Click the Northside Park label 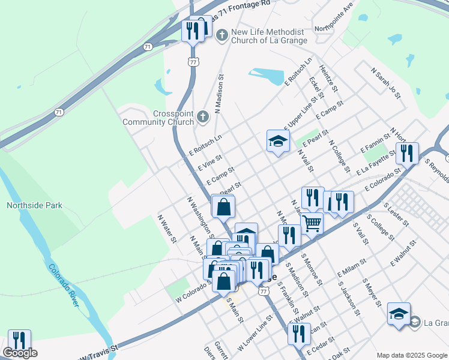point(34,205)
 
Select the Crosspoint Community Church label point(158,118)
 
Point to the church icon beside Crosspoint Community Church point(203,116)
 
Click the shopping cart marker point(312,223)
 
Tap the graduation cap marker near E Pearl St point(278,140)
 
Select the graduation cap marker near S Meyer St point(399,313)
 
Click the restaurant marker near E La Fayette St point(408,153)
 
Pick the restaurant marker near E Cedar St point(298,333)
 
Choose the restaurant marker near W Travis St point(19,340)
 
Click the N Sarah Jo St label point(386,83)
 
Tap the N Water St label point(167,229)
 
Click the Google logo point(20,353)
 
